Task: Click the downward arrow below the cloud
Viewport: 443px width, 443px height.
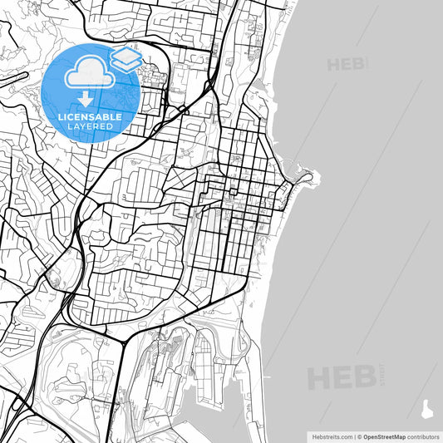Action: [86, 100]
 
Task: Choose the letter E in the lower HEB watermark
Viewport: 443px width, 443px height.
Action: [342, 379]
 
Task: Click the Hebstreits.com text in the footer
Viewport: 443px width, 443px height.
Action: [332, 436]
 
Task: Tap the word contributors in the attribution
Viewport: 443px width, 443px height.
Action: [423, 436]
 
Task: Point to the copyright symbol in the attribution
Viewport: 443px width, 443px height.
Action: [360, 436]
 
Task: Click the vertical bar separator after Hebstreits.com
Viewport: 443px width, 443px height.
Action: [354, 436]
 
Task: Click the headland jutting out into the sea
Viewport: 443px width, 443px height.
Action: [307, 175]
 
